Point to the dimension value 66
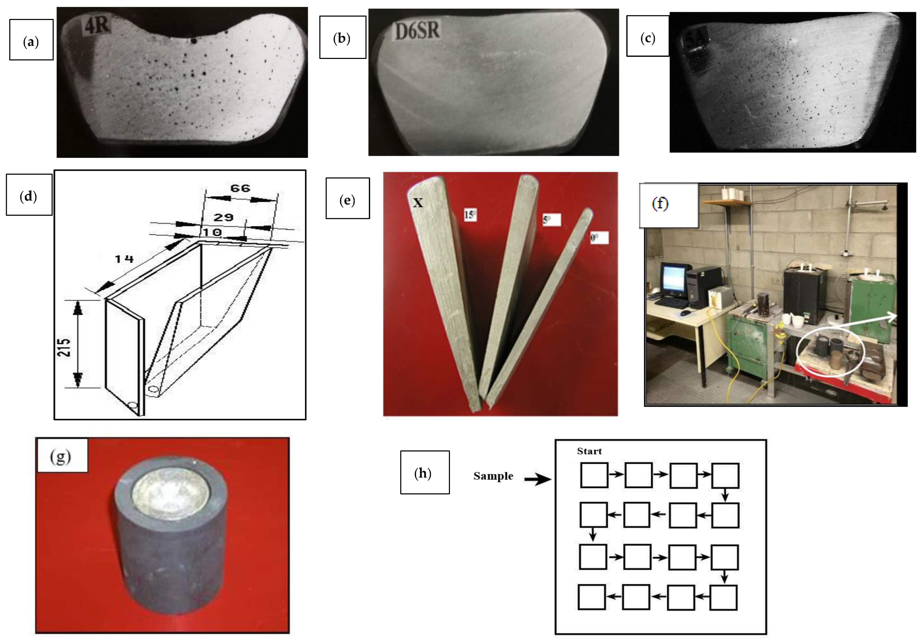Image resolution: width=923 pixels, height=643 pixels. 240,188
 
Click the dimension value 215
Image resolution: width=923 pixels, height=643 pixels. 64,347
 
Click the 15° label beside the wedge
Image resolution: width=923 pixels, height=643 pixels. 470,215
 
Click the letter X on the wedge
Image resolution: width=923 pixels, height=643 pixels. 418,203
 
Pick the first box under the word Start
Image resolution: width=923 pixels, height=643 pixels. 594,475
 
